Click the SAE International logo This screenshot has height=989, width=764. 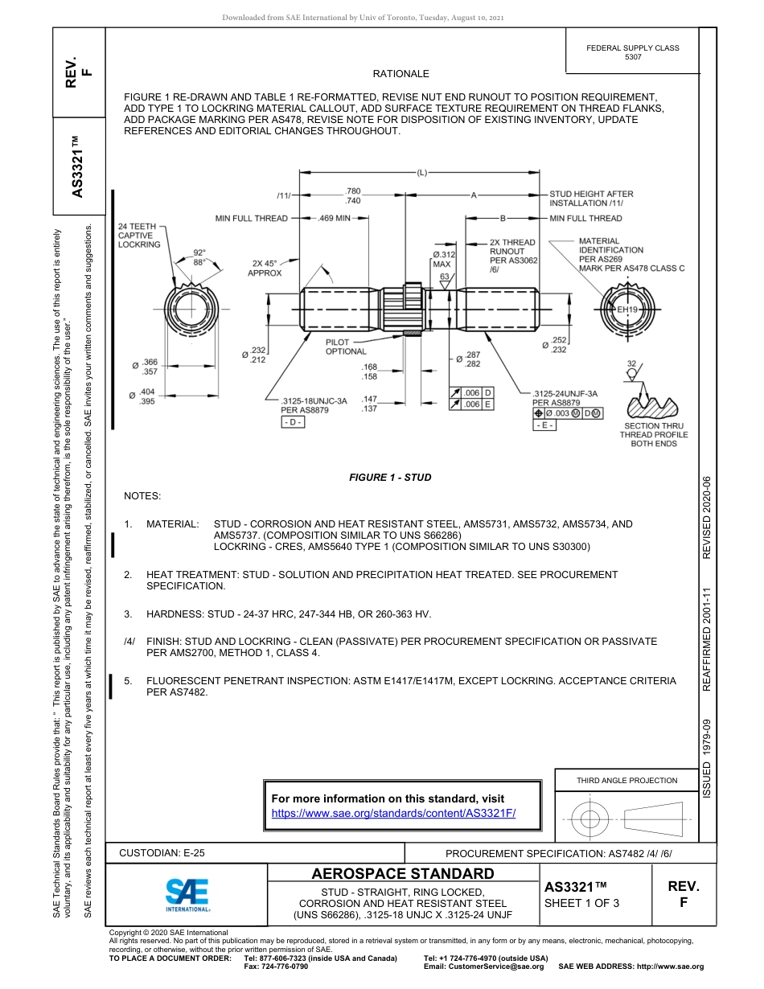[187, 894]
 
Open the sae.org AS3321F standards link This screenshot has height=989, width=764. [393, 813]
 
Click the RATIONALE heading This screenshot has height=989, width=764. [400, 74]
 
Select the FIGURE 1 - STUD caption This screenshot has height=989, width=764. [390, 478]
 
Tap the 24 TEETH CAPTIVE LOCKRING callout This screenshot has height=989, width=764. [139, 236]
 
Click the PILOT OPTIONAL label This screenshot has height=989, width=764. [346, 347]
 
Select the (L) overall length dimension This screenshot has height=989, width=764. [421, 172]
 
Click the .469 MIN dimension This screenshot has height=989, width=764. [335, 218]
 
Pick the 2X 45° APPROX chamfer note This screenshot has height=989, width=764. [265, 268]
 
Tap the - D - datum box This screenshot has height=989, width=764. [293, 423]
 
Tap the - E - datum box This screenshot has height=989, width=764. [544, 425]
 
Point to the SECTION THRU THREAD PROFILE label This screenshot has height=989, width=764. [654, 435]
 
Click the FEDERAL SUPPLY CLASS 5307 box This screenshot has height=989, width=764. [632, 52]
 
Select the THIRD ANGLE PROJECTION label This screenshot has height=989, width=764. [626, 780]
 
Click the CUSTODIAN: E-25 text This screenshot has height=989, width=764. [162, 852]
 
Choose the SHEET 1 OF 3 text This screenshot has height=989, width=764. [581, 902]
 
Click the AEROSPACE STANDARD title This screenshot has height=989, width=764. [402, 873]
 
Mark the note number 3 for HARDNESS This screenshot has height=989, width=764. [128, 614]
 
